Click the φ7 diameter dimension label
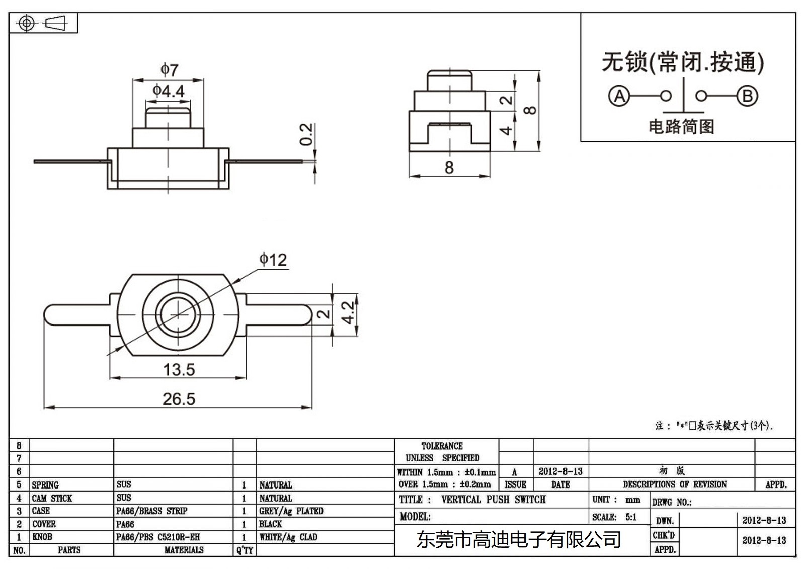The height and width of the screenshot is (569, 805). point(169,69)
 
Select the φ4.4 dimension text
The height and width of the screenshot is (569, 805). point(169,91)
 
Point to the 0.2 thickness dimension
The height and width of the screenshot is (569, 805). point(306,134)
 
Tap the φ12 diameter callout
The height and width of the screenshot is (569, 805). point(273,260)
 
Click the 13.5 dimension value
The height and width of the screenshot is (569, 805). point(179,370)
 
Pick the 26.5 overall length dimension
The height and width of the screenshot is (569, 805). point(179,399)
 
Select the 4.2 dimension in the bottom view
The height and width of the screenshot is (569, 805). point(348,313)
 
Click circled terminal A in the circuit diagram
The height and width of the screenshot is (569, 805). point(619,96)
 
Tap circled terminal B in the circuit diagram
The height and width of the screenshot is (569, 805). point(747,96)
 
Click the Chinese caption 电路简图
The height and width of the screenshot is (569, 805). point(681,126)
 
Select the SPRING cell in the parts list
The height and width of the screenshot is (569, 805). point(45,485)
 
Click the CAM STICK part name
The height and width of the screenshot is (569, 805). point(52,498)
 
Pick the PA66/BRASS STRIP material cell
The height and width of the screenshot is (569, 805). point(151,511)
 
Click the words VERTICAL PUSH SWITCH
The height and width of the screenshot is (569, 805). point(493,500)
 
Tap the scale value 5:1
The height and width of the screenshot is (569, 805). point(631,517)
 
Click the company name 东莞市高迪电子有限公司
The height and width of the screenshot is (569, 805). point(518,540)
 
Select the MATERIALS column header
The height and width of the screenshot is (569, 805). point(184,550)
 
